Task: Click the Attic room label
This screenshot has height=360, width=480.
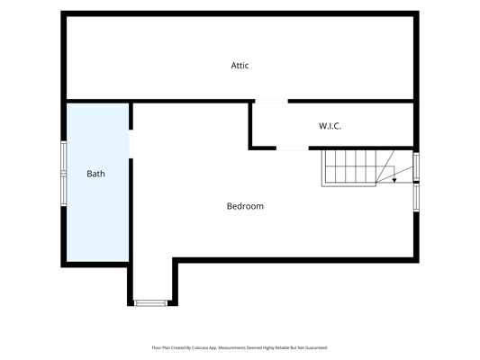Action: tap(240, 65)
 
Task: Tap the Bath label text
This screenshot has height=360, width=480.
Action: tap(95, 174)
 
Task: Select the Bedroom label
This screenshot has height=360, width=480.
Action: tap(245, 206)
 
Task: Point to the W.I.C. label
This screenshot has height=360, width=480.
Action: tap(330, 126)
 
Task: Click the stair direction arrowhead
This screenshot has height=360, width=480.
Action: tap(394, 180)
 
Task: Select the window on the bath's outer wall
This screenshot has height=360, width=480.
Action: tap(64, 174)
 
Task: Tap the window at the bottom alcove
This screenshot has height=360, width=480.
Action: tap(150, 303)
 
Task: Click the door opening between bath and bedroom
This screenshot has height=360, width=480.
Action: tap(131, 144)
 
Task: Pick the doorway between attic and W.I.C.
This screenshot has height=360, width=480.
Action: tap(272, 101)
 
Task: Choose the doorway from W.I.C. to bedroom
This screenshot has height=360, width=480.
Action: tap(293, 148)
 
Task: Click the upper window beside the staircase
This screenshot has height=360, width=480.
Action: tap(416, 166)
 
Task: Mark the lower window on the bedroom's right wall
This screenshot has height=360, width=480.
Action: tap(416, 198)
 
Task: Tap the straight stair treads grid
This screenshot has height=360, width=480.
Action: tap(349, 166)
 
